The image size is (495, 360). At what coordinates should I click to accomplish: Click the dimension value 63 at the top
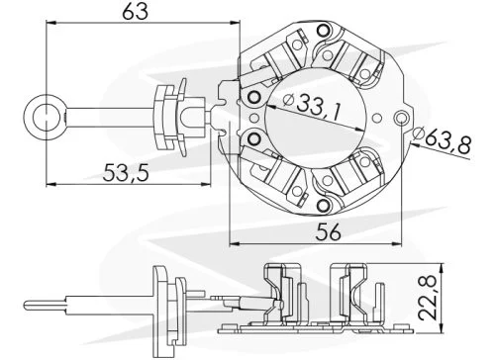tap(136, 12)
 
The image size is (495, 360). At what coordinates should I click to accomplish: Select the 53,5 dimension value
tap(126, 172)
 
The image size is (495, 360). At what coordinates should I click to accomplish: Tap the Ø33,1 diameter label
tap(312, 106)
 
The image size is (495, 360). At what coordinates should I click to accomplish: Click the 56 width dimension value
tap(328, 231)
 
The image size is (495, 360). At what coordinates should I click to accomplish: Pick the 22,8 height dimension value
tap(428, 297)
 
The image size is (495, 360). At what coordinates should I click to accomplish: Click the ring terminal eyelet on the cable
tap(45, 117)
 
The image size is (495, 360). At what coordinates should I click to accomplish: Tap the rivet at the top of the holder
tap(323, 31)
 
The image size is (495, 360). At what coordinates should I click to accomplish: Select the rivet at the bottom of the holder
tap(323, 205)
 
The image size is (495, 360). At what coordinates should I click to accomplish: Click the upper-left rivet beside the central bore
tap(254, 97)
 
